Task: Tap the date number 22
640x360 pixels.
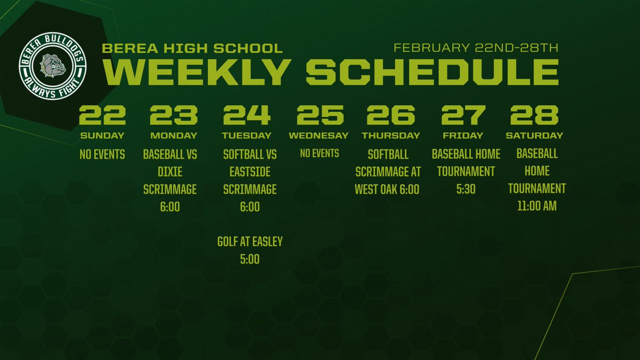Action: point(102,115)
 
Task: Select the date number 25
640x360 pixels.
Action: point(320,115)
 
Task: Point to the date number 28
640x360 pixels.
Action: point(534,115)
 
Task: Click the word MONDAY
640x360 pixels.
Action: point(173,135)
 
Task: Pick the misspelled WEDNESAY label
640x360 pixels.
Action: point(318,135)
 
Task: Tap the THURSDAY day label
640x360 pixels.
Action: point(390,135)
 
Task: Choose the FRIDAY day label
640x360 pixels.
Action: point(462,135)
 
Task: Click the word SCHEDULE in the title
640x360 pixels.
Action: point(432,72)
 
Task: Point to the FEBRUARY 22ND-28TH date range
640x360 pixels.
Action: point(476,48)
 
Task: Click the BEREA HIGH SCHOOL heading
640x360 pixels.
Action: point(192,49)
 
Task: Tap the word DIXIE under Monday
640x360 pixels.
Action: point(170,172)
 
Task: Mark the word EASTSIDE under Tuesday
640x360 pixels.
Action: point(250,172)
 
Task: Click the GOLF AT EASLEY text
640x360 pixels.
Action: point(250,242)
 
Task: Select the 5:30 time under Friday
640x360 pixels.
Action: point(466,189)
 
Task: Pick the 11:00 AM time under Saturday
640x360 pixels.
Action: point(537,206)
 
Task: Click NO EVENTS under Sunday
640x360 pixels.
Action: point(102,155)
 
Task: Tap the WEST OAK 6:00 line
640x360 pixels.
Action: point(387,189)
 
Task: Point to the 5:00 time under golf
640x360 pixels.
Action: point(250,259)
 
